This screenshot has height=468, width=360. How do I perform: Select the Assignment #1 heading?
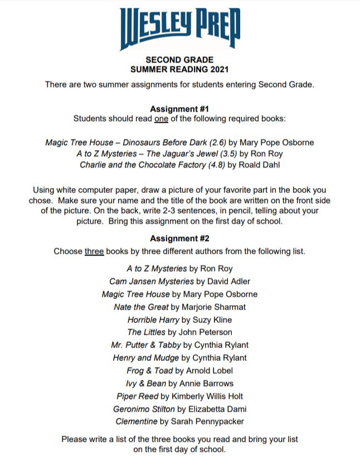[x=179, y=109]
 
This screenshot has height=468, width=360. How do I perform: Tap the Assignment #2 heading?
[x=179, y=239]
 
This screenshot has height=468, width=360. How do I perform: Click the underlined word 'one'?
[x=161, y=119]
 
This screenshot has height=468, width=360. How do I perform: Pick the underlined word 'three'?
[x=94, y=251]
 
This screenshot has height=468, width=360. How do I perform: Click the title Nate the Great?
[x=141, y=307]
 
